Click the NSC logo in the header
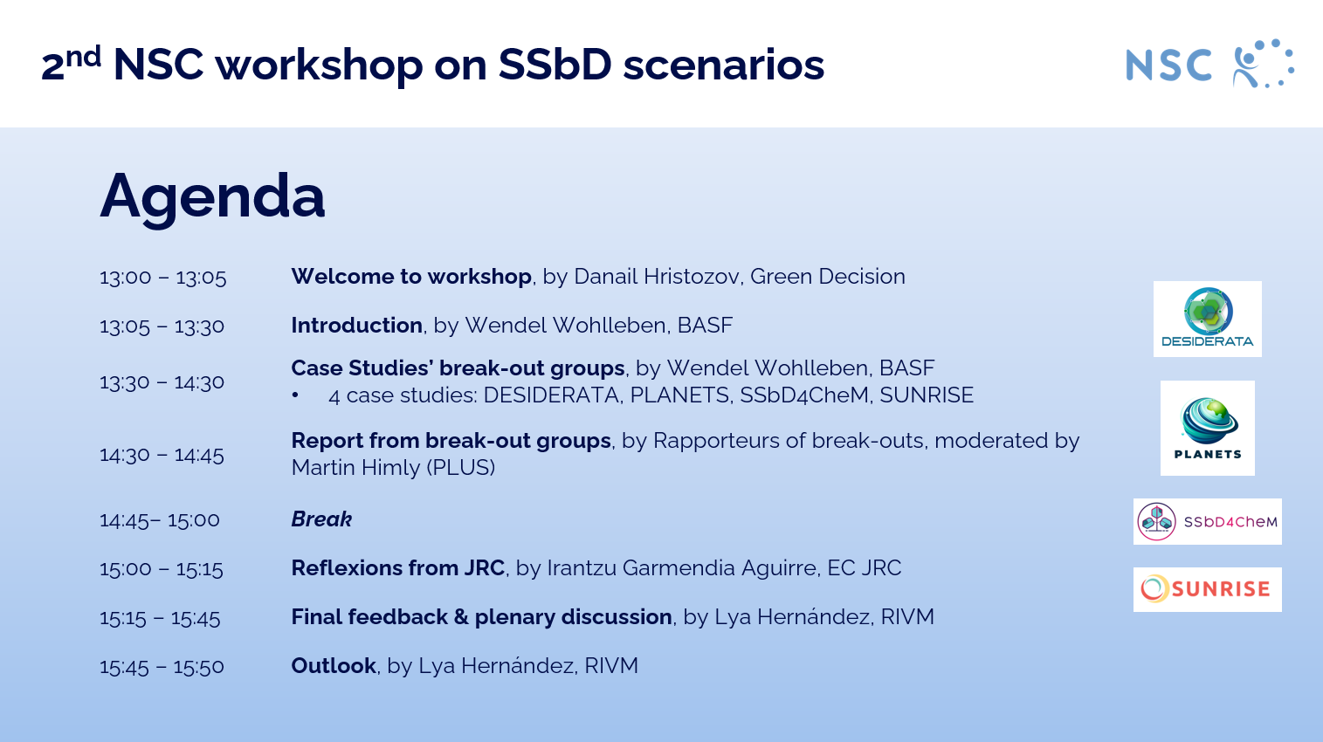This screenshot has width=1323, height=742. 1209,65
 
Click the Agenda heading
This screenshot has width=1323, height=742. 212,196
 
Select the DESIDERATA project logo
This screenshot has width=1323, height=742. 1207,319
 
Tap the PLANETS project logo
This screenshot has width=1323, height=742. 1207,428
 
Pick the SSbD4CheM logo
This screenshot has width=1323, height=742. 1207,521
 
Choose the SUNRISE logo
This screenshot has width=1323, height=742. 1207,589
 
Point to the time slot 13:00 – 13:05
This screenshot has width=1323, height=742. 162,278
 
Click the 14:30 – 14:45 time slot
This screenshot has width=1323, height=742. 162,455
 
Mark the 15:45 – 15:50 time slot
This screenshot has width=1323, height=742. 162,667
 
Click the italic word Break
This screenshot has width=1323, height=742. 321,519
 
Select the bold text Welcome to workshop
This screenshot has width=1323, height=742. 411,277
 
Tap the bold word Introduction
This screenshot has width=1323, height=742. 356,326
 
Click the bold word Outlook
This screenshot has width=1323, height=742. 333,666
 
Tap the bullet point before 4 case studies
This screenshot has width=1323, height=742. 296,395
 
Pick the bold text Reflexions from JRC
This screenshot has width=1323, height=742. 397,568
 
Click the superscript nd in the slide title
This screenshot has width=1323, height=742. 84,57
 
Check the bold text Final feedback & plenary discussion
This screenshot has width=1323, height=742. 481,617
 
